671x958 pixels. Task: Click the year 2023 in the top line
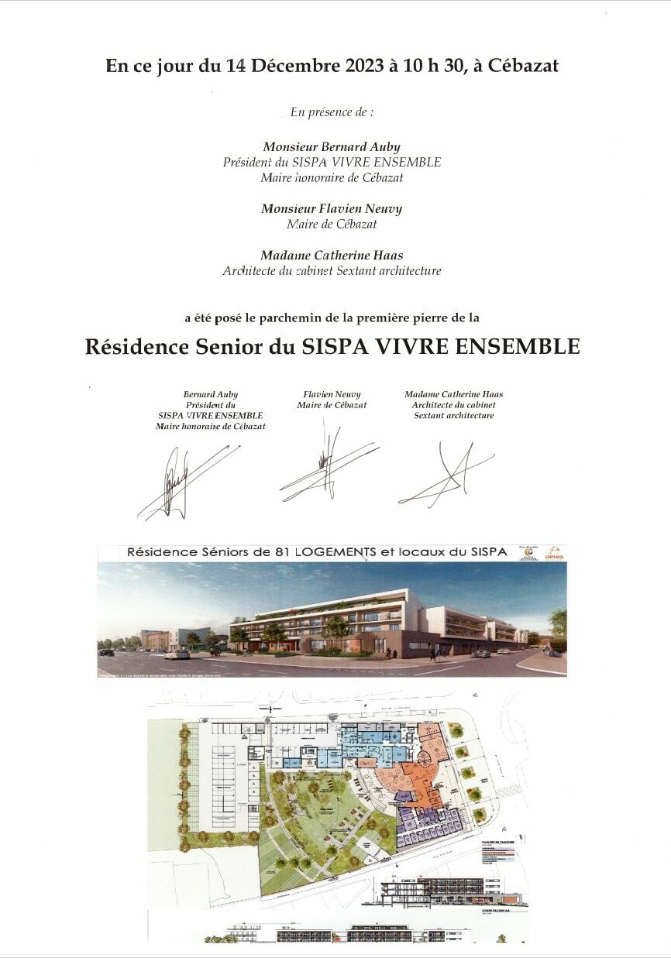click(356, 67)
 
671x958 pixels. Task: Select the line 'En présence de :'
click(332, 112)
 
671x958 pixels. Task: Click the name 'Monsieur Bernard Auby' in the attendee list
click(332, 146)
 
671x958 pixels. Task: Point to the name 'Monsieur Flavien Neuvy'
click(332, 209)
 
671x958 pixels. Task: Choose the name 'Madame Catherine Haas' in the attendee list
click(332, 256)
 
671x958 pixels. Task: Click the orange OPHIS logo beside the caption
click(553, 553)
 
